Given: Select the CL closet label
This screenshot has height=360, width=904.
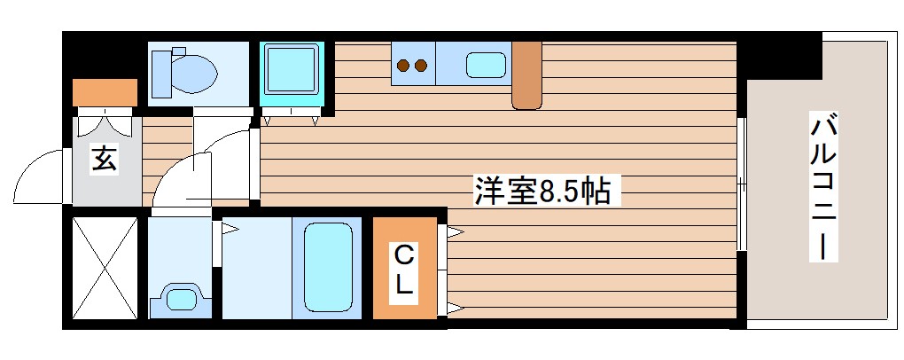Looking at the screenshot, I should [x=403, y=270].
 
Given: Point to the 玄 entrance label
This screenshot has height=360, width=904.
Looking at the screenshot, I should [x=104, y=160].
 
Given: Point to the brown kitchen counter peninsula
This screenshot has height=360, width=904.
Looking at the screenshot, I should [x=526, y=75].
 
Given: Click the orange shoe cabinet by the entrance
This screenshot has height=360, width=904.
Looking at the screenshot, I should [x=105, y=92].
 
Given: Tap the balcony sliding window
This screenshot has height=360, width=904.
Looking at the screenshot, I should [x=742, y=184].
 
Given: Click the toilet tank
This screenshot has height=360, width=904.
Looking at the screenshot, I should [x=162, y=71].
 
